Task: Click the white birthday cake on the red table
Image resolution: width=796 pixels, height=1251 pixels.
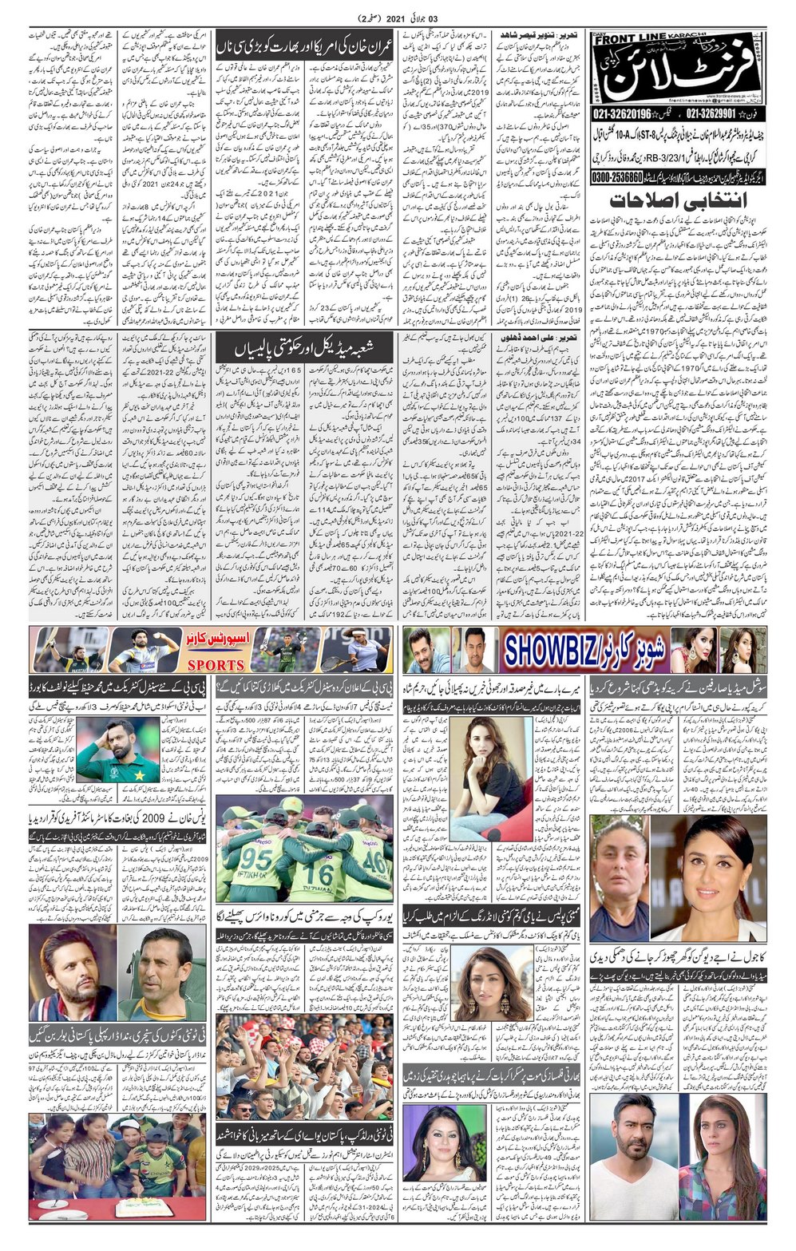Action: tap(145, 1206)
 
